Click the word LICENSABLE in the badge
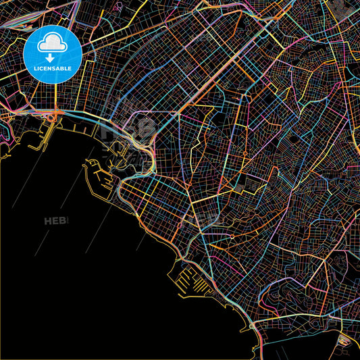point(53,69)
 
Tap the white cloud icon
point(53,44)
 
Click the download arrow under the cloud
point(53,57)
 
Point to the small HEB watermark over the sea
point(57,221)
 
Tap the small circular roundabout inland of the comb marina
point(232,237)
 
